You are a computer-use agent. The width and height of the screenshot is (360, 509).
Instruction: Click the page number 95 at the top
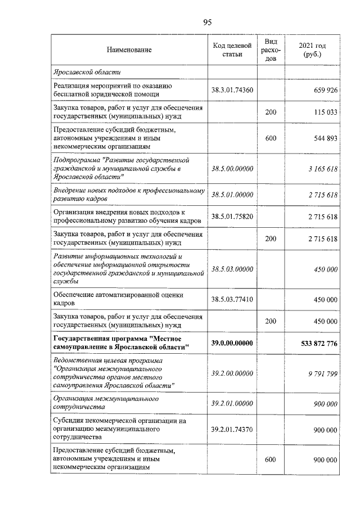click(206, 22)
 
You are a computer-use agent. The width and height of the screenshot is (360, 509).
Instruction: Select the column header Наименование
click(129, 50)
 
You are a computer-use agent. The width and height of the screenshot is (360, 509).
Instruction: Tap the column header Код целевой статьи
click(232, 50)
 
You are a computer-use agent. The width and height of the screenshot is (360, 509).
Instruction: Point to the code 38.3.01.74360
click(232, 90)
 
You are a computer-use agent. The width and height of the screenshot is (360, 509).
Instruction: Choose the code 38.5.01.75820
click(232, 217)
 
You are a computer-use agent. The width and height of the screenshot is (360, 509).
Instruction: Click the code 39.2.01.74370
click(232, 429)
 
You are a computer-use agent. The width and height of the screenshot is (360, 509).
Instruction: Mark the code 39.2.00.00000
click(232, 373)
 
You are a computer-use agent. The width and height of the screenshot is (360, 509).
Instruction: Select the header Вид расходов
click(271, 50)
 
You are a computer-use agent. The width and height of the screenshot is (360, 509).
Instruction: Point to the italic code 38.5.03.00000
click(232, 269)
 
